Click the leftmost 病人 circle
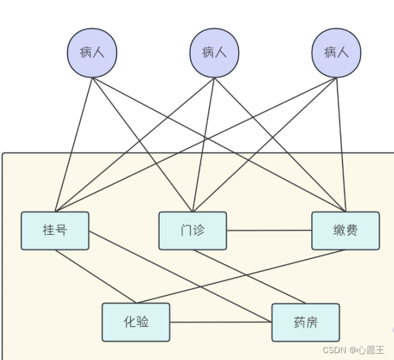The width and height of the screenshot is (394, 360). pyautogui.click(x=92, y=52)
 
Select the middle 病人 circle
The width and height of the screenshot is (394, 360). pyautogui.click(x=214, y=52)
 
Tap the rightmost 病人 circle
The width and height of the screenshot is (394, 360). pyautogui.click(x=336, y=52)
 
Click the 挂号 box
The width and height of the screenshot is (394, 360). pyautogui.click(x=55, y=230)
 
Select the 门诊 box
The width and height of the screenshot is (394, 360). pyautogui.click(x=193, y=230)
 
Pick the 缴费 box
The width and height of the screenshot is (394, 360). pyautogui.click(x=345, y=230)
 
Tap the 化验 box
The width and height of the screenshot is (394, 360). pyautogui.click(x=136, y=322)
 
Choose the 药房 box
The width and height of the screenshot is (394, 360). pyautogui.click(x=305, y=322)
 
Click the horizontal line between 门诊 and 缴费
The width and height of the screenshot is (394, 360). pyautogui.click(x=269, y=230)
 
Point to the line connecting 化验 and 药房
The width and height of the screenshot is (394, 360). pyautogui.click(x=221, y=322)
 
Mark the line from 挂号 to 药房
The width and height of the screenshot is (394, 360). pyautogui.click(x=180, y=277)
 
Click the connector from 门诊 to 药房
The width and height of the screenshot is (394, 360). pyautogui.click(x=248, y=277)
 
